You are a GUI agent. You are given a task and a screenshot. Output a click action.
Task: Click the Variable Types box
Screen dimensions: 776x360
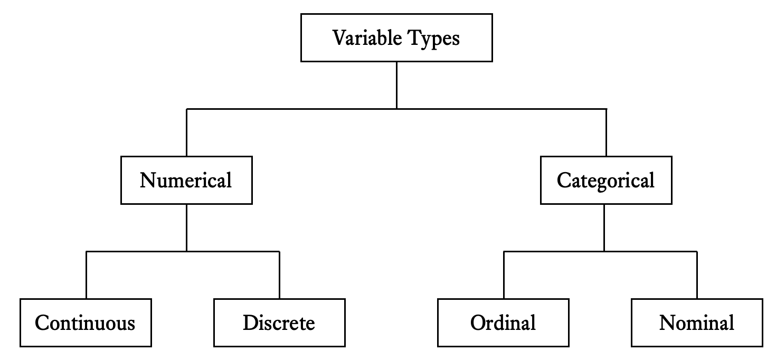point(396,38)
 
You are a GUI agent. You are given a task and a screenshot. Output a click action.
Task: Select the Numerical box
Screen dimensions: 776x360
point(186,180)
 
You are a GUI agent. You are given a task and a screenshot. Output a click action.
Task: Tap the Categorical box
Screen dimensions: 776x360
point(606,180)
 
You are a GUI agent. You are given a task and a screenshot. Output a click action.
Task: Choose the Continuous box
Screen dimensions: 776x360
point(86,323)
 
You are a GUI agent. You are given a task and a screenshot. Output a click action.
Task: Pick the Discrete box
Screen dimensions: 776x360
point(279,323)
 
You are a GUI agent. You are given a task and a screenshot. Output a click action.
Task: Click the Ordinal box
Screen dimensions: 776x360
point(503,323)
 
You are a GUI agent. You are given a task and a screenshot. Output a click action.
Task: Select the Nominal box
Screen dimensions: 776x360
point(697,323)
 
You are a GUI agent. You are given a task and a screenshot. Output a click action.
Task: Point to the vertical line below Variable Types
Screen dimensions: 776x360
point(396,86)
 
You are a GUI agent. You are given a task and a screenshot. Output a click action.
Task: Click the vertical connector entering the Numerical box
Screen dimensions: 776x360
point(186,132)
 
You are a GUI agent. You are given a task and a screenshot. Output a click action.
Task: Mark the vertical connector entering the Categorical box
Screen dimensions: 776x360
point(606,132)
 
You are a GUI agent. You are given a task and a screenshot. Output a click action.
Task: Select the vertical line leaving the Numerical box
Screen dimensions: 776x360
point(186,228)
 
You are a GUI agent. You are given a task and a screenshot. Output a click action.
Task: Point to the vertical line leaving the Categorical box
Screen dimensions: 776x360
point(604,228)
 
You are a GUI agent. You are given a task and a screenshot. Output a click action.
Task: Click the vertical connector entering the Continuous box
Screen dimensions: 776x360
point(86,275)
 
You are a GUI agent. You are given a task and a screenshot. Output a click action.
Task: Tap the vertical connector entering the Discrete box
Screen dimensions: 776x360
point(279,275)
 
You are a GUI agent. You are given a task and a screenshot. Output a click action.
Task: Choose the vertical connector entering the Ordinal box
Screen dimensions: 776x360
point(504,275)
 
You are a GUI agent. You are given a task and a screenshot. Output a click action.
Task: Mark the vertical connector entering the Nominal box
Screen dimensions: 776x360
point(697,275)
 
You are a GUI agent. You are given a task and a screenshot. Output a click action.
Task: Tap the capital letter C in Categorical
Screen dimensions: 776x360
point(565,180)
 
